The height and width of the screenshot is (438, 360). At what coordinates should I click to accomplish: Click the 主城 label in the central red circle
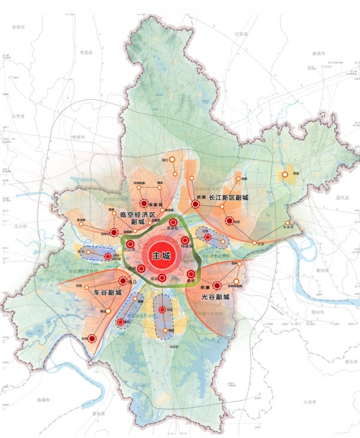click(x=161, y=255)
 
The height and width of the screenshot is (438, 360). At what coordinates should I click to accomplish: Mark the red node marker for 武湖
click(x=195, y=204)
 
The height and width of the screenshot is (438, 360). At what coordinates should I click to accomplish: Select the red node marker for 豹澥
click(x=217, y=286)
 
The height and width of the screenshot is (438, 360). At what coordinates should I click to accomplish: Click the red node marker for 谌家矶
click(x=173, y=223)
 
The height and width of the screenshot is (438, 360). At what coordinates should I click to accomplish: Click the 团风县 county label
click(x=342, y=197)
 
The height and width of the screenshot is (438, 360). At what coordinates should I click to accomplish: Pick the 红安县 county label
click(x=241, y=34)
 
